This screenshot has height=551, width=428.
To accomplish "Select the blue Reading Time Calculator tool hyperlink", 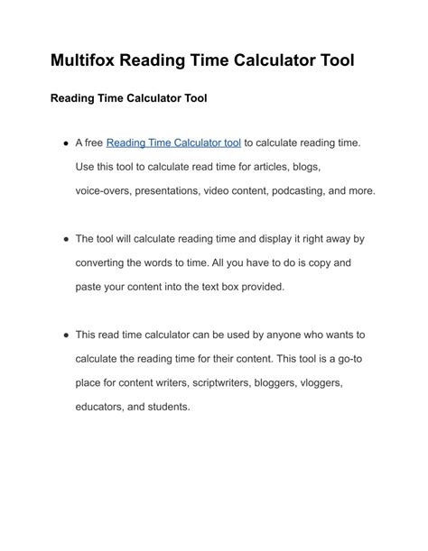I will [x=173, y=142].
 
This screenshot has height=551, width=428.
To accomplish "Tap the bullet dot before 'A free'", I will [x=66, y=142].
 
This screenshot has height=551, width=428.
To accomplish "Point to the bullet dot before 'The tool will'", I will [x=66, y=239].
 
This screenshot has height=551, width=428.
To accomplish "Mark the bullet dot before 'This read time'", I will [x=66, y=335].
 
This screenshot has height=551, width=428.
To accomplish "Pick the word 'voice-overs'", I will [x=105, y=191].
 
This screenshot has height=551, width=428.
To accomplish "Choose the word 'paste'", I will [x=90, y=287].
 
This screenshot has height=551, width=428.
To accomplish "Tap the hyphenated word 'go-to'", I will [x=348, y=359].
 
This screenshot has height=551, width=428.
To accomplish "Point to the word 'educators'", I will [x=102, y=407].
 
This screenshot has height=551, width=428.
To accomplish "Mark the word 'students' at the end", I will [x=170, y=407].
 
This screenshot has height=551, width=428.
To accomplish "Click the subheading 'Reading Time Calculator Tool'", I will [x=128, y=97].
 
